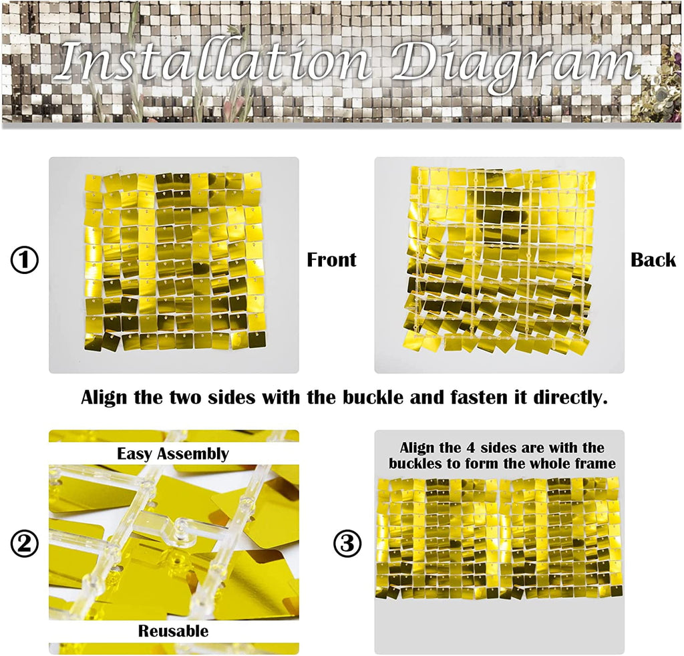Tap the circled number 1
pyautogui.click(x=25, y=260)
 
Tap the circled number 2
pyautogui.click(x=25, y=544)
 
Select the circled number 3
pyautogui.click(x=347, y=544)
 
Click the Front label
pyautogui.click(x=331, y=260)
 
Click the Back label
pyautogui.click(x=653, y=260)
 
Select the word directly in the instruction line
pyautogui.click(x=570, y=398)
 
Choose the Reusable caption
pyautogui.click(x=173, y=631)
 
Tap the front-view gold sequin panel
pyautogui.click(x=174, y=261)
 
